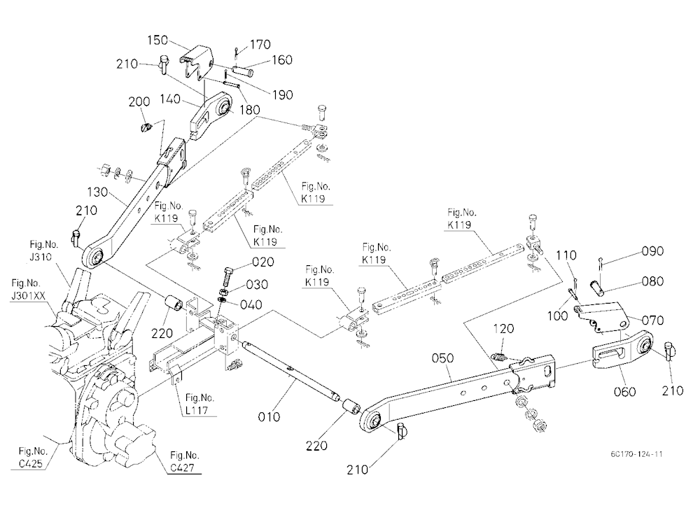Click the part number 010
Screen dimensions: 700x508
pyautogui.click(x=269, y=416)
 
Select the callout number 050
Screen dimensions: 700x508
pyautogui.click(x=443, y=358)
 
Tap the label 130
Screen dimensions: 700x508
pyautogui.click(x=97, y=192)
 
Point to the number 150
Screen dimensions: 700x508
pyautogui.click(x=157, y=40)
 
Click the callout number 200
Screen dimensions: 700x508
pyautogui.click(x=139, y=101)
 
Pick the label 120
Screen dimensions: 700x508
pyautogui.click(x=503, y=329)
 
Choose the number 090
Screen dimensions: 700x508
pyautogui.click(x=652, y=251)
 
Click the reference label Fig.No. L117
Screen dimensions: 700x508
pyautogui.click(x=199, y=404)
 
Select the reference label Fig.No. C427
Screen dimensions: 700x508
pyautogui.click(x=184, y=462)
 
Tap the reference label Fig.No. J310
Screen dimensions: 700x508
pyautogui.click(x=43, y=251)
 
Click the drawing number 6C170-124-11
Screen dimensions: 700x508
pyautogui.click(x=636, y=454)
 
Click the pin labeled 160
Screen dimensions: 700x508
pyautogui.click(x=244, y=70)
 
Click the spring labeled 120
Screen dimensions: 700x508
pyautogui.click(x=498, y=357)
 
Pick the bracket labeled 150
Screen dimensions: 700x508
pyautogui.click(x=197, y=62)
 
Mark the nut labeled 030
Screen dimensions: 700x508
pyautogui.click(x=225, y=292)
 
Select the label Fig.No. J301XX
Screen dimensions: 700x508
pyautogui.click(x=28, y=289)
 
